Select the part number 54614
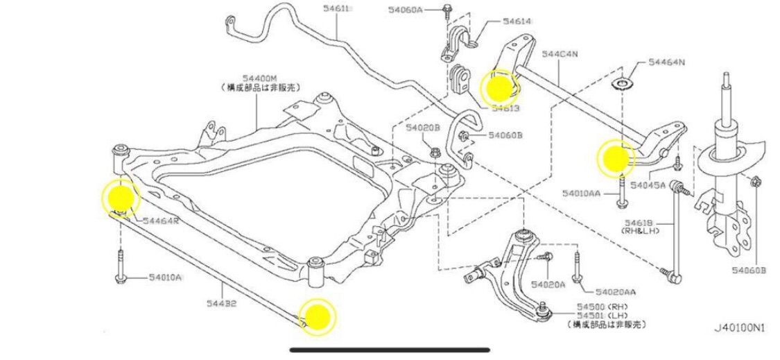pos(517,22)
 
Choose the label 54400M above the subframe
pos(260,78)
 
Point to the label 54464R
pos(162,221)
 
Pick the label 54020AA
pos(616,291)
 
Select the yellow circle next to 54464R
pos(121,197)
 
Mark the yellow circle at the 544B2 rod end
pos(317,317)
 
